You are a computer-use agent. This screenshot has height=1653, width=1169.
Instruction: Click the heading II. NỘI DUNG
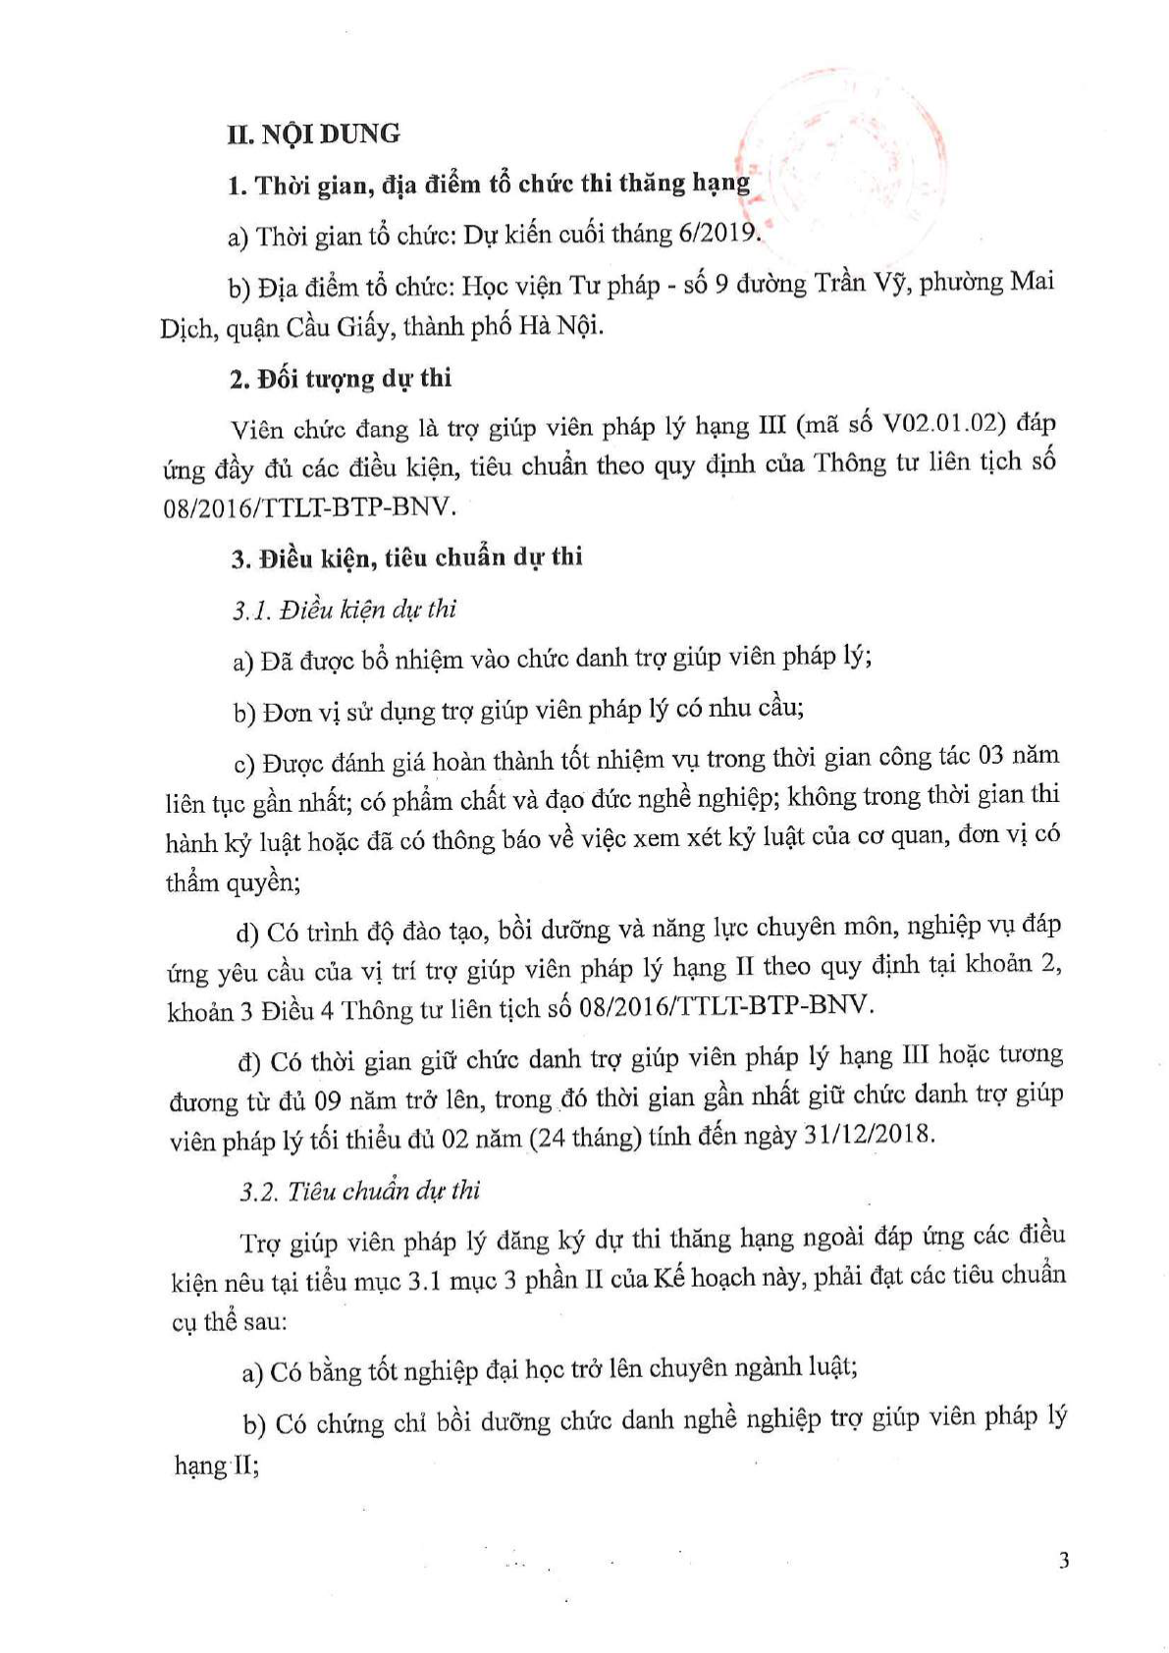pyautogui.click(x=313, y=133)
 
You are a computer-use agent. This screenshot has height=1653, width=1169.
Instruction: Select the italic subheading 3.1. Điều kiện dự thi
pyautogui.click(x=345, y=610)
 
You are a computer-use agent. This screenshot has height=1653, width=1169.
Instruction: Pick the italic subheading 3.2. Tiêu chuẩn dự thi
pyautogui.click(x=360, y=1192)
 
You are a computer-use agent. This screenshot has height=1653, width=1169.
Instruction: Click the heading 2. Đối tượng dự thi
pyautogui.click(x=341, y=379)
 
